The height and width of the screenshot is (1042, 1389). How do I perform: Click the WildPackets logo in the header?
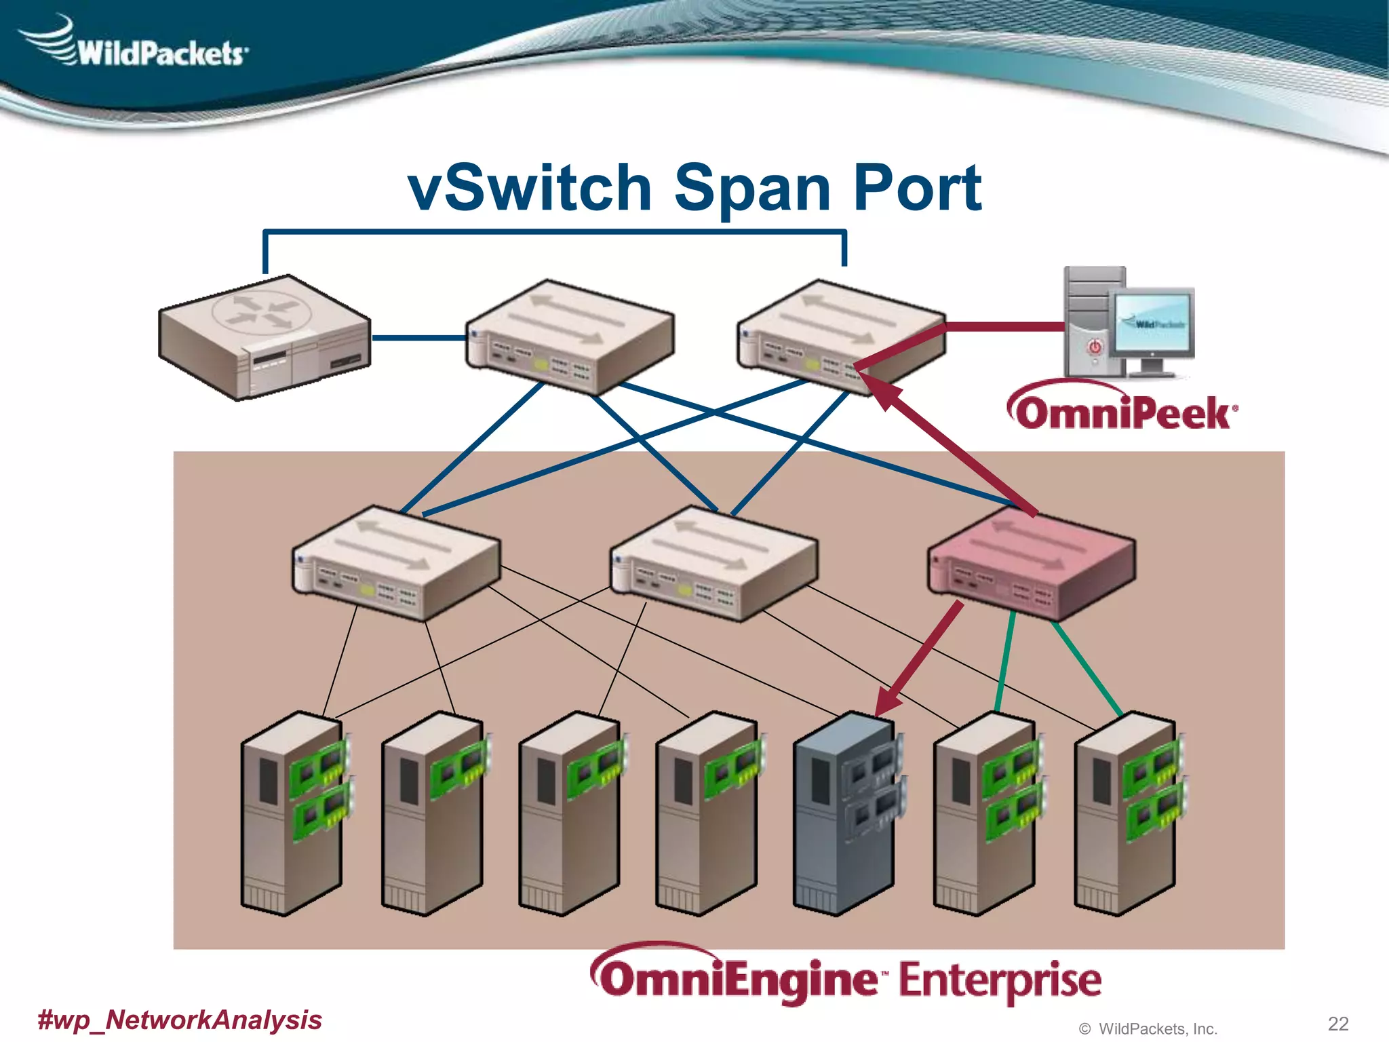136,44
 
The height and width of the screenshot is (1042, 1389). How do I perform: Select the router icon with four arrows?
265,336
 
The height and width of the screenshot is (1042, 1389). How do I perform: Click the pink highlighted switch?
1031,563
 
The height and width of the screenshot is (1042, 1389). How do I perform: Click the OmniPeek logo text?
1122,410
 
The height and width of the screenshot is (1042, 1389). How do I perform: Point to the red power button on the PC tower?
1095,347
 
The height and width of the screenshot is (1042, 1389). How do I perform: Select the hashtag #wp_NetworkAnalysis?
180,1020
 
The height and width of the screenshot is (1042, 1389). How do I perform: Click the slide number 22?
1337,1023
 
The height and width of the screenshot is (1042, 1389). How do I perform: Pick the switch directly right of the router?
570,336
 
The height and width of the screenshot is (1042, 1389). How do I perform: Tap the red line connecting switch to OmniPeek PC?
1004,327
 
